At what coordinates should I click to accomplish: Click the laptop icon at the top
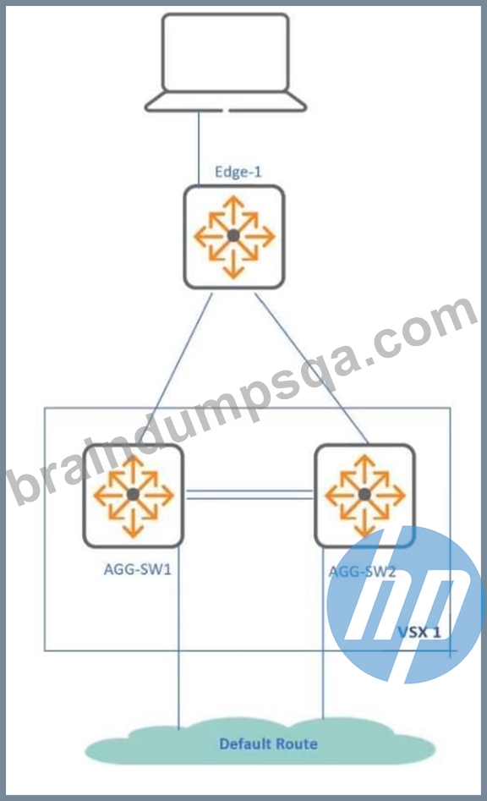pyautogui.click(x=225, y=63)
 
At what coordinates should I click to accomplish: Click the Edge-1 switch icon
pyautogui.click(x=234, y=237)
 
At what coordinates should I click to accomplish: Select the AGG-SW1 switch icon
pyautogui.click(x=134, y=495)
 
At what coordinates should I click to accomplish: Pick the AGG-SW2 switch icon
pyautogui.click(x=364, y=495)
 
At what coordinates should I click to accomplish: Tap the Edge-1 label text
pyautogui.click(x=238, y=172)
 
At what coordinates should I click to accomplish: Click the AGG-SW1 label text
pyautogui.click(x=137, y=568)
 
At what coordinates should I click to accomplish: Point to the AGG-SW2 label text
pyautogui.click(x=362, y=571)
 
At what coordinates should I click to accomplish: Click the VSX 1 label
pyautogui.click(x=419, y=632)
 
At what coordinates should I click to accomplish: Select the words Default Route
pyautogui.click(x=269, y=743)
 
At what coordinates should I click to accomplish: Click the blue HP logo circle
pyautogui.click(x=405, y=605)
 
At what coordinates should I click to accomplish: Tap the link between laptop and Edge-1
pyautogui.click(x=199, y=148)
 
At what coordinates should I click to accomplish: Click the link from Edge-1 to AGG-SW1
pyautogui.click(x=177, y=368)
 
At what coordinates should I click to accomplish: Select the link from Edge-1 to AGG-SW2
pyautogui.click(x=311, y=367)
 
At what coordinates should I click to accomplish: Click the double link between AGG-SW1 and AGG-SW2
pyautogui.click(x=249, y=493)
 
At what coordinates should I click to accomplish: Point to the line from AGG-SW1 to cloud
pyautogui.click(x=178, y=638)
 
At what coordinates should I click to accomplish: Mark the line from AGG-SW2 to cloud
pyautogui.click(x=323, y=634)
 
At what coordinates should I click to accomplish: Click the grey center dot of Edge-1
pyautogui.click(x=234, y=236)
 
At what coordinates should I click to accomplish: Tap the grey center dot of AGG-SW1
pyautogui.click(x=134, y=495)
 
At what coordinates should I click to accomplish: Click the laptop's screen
pyautogui.click(x=225, y=52)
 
